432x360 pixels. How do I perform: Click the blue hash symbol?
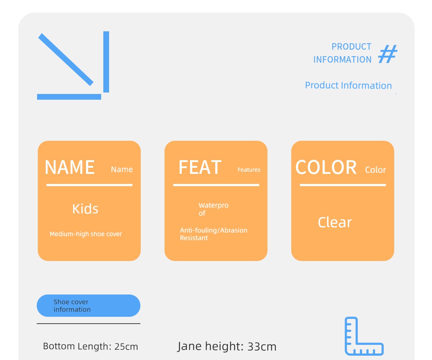click(x=387, y=54)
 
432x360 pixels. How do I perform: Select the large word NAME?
click(x=70, y=167)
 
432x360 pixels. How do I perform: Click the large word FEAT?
click(x=200, y=167)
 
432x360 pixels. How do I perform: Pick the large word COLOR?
click(x=326, y=167)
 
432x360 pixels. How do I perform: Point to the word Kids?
click(x=85, y=209)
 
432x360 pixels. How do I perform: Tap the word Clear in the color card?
click(x=335, y=222)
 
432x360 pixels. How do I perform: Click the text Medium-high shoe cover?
click(x=86, y=234)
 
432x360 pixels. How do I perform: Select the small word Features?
click(x=249, y=170)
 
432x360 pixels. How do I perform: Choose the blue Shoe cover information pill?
click(x=89, y=306)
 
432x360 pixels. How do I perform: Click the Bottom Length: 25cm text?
click(x=90, y=346)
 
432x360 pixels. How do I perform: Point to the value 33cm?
click(x=262, y=347)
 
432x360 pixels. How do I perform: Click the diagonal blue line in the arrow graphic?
click(x=66, y=59)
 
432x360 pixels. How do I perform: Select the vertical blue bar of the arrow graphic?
click(x=106, y=62)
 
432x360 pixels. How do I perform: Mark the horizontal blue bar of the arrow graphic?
click(x=69, y=97)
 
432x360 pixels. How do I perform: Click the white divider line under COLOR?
click(x=343, y=185)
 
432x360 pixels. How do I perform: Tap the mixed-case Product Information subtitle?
click(x=348, y=85)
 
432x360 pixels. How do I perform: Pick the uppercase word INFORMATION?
click(x=342, y=60)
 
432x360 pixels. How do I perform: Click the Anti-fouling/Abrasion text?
click(x=213, y=230)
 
